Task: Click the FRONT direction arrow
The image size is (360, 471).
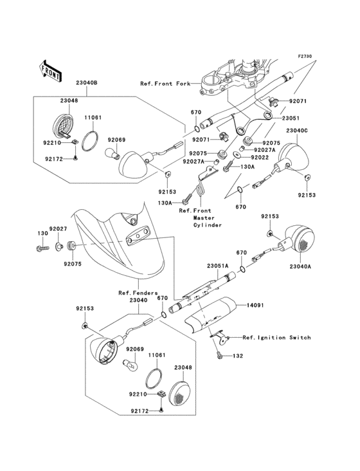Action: [50, 71]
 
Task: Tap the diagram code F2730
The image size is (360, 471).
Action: [305, 56]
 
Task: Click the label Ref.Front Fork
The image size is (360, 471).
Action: [165, 84]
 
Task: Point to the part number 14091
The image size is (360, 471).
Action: [255, 305]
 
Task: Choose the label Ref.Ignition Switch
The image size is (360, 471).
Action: [276, 338]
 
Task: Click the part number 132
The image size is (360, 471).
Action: [238, 356]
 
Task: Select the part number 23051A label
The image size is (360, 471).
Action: [217, 266]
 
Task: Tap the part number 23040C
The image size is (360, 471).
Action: [297, 131]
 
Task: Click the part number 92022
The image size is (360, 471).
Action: [260, 157]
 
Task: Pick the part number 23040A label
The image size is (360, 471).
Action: [300, 266]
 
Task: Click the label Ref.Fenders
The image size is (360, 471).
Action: [138, 293]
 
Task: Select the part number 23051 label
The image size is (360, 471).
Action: [291, 118]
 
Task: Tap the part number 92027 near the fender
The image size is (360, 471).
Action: [59, 229]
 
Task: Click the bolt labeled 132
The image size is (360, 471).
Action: [220, 355]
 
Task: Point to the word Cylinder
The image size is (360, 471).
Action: [207, 225]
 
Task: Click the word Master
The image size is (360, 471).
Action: [204, 217]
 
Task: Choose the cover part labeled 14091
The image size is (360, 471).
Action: [210, 315]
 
